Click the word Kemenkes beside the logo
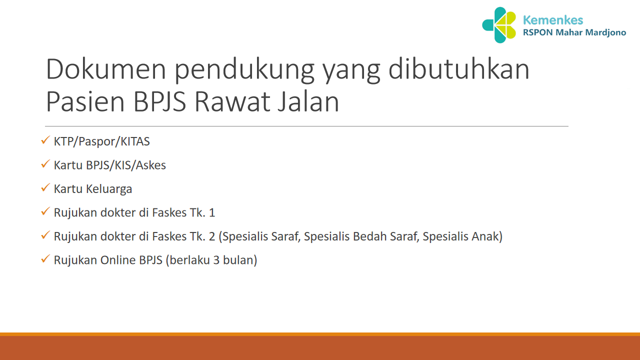pos(552,20)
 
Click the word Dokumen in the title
pos(106,69)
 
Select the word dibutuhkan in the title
pos(459,69)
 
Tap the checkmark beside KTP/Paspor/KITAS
pos(45,141)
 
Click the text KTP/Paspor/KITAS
pos(102,141)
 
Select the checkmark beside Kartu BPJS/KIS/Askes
pos(45,164)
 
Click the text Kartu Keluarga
pos(93,189)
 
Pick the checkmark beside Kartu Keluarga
pos(45,188)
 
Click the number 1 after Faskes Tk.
pos(212,212)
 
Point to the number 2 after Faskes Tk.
pos(212,236)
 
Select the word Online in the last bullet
pos(118,260)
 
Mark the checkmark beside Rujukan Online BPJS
pos(45,260)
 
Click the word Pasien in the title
pos(84,101)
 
